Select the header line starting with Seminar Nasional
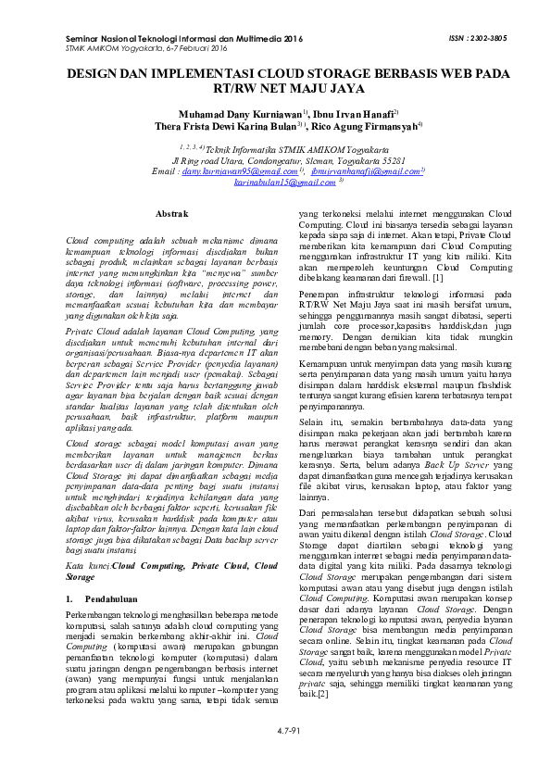point(184,40)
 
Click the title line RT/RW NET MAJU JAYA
point(275,91)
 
